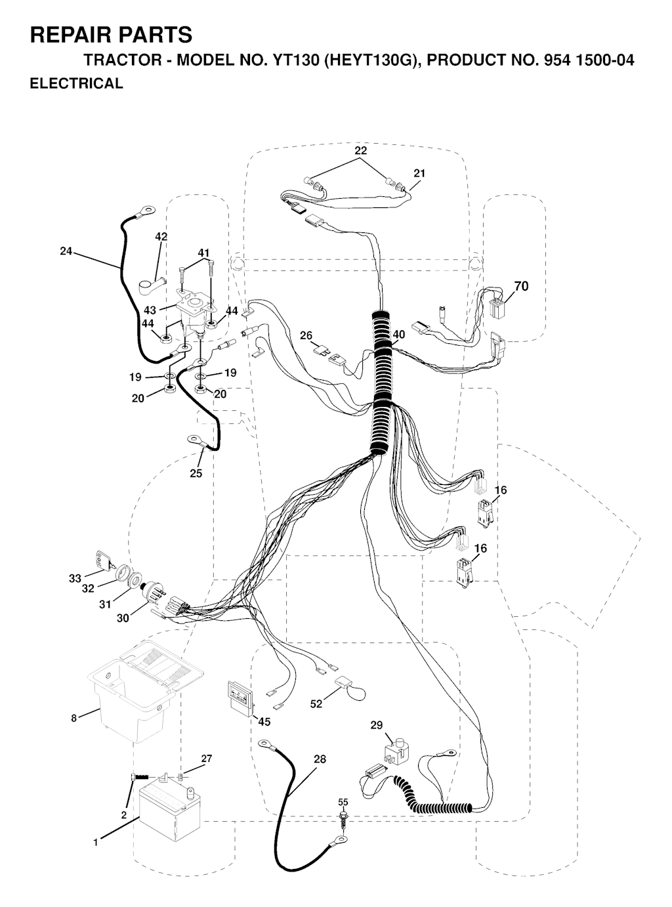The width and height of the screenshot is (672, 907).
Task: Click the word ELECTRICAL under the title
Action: tap(77, 83)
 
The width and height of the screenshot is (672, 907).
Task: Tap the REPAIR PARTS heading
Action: tap(112, 35)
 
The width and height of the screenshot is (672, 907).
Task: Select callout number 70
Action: tap(521, 286)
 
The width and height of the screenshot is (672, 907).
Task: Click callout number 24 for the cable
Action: tap(66, 251)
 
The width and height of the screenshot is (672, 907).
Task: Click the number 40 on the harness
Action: tap(399, 335)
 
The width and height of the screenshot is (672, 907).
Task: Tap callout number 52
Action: tap(316, 704)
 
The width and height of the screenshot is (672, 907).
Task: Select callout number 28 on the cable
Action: tap(320, 759)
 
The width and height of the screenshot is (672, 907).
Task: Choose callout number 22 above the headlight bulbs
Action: tap(361, 150)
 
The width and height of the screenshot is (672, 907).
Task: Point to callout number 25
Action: tap(196, 473)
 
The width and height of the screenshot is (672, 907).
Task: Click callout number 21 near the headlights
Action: tap(419, 173)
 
